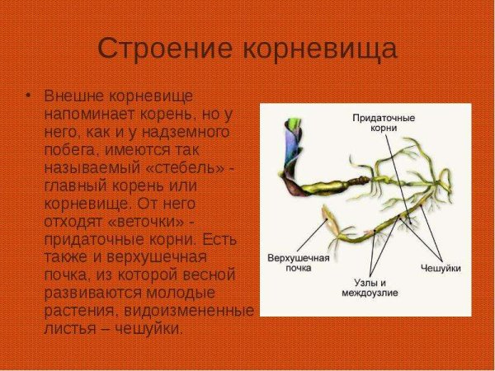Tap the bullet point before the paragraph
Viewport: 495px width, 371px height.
(x=29, y=95)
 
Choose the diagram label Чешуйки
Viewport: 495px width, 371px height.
(x=440, y=269)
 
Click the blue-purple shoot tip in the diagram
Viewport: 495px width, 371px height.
(x=293, y=132)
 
